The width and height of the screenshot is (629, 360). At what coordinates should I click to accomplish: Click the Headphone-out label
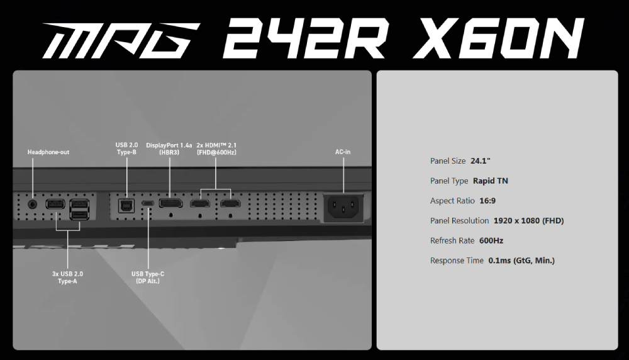pos(48,152)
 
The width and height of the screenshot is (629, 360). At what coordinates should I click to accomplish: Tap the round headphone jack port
pos(33,204)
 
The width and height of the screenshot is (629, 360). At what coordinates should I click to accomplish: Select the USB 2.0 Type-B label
pos(127,149)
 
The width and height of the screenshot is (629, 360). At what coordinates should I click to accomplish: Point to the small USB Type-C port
pos(148,203)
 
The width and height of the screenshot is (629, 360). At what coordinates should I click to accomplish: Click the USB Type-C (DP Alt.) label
pos(148,278)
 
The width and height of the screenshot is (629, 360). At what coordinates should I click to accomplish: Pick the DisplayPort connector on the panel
pos(171,203)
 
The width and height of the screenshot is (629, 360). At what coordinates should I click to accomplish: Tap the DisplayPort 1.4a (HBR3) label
pos(169,149)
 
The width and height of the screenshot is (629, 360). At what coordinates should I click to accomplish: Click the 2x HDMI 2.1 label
pos(216,149)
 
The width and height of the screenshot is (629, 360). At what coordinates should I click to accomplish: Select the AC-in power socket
pos(343,207)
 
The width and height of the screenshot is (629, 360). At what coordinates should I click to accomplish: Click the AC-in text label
pos(343,152)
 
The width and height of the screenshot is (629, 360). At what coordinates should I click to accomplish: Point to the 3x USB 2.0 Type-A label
pos(67,278)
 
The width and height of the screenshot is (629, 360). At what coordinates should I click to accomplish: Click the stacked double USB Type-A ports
pos(79,210)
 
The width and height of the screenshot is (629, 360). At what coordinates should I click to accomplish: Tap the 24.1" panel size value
pos(481,161)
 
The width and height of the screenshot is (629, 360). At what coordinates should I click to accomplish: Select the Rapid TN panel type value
pos(491,181)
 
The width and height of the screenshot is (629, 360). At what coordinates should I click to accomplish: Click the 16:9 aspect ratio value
pos(487,201)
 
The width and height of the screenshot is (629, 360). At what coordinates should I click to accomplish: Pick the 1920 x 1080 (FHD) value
pos(529,221)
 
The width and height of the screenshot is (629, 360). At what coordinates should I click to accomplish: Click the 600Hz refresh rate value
pos(491,241)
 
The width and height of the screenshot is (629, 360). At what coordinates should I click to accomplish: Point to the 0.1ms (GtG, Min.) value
pos(521,261)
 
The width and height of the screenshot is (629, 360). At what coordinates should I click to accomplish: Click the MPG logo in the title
pos(121,41)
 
